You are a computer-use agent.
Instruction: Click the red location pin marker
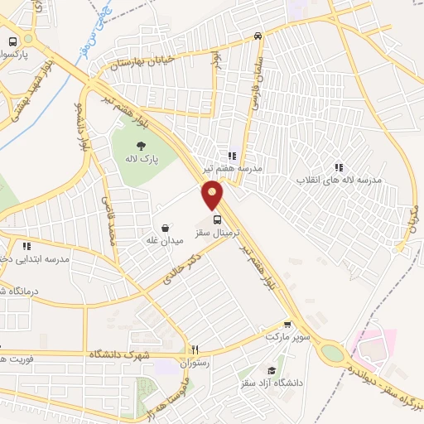tap(213, 195)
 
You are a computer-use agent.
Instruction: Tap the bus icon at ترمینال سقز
tap(217, 220)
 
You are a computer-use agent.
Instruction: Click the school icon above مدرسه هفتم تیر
tap(233, 155)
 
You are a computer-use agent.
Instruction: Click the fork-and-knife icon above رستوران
tap(195, 349)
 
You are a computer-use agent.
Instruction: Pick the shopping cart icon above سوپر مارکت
tap(287, 325)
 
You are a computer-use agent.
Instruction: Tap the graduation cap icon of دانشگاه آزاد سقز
tap(272, 370)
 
